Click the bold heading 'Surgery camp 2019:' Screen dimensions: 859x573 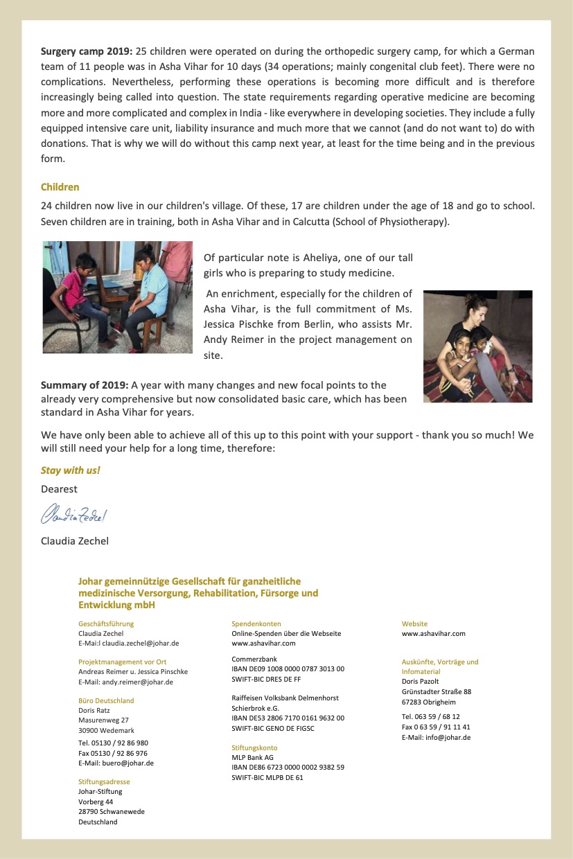[87, 51]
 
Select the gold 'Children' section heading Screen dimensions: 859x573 [60, 187]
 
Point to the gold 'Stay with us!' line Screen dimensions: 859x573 [71, 470]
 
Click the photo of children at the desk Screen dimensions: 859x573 [117, 297]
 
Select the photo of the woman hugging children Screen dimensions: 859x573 [477, 346]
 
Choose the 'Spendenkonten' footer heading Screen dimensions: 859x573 [256, 623]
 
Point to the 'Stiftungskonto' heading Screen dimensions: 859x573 [254, 748]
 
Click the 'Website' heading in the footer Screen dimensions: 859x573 [414, 623]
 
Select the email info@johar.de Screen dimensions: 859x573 [450, 738]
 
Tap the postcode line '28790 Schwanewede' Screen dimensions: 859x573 [112, 811]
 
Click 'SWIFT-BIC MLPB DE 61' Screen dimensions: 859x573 [267, 777]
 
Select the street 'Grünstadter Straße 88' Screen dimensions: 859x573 [437, 691]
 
